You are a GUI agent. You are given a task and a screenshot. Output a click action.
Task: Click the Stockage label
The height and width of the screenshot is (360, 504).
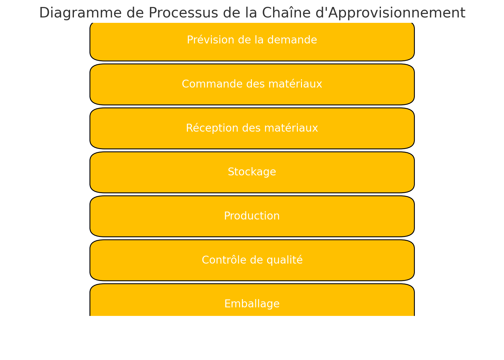[x=252, y=172]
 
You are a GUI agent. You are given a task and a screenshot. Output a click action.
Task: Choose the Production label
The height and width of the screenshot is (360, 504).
[x=252, y=216]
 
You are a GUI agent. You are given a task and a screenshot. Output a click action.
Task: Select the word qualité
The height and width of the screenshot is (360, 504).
[x=285, y=260]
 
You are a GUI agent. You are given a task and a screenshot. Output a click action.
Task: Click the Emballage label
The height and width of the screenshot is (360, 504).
[x=252, y=304]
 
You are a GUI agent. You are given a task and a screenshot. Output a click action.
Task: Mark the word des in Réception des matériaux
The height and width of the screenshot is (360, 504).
[x=252, y=128]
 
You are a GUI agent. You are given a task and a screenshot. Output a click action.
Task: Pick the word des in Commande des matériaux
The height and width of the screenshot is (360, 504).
[x=256, y=84]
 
